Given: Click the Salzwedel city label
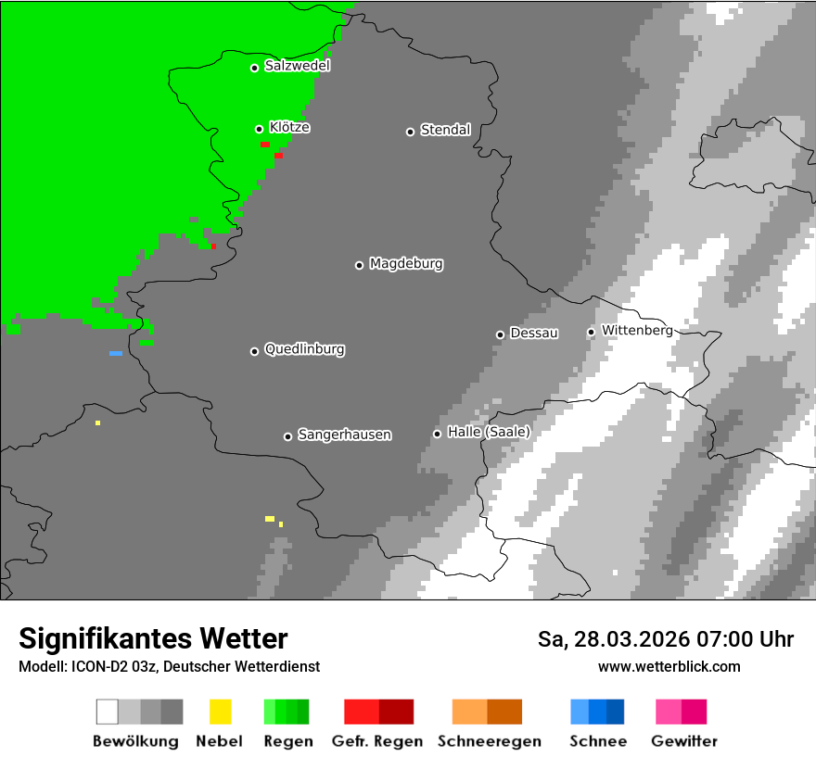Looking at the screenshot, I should (297, 66).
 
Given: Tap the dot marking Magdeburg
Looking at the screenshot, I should (359, 266).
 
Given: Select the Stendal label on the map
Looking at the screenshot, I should (445, 130).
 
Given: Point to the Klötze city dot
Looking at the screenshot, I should (260, 129).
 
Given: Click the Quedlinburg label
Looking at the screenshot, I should (304, 349).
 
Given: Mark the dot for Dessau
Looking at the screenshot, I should (500, 334).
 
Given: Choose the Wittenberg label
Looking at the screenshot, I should (637, 330).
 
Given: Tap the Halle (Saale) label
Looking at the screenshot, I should (489, 432).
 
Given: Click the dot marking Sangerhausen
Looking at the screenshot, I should (287, 436).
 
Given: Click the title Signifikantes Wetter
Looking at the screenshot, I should (153, 638).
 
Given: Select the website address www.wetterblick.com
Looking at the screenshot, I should (669, 666).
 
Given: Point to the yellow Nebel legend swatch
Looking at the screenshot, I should (220, 712).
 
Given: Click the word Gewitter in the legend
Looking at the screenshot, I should (684, 741).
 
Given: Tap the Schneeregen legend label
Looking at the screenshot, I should (490, 741).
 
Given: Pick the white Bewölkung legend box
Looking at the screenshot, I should (107, 712).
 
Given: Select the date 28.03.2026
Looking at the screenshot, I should (627, 639).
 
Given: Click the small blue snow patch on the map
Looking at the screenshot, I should (116, 353).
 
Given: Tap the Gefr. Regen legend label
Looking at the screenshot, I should (377, 741).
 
